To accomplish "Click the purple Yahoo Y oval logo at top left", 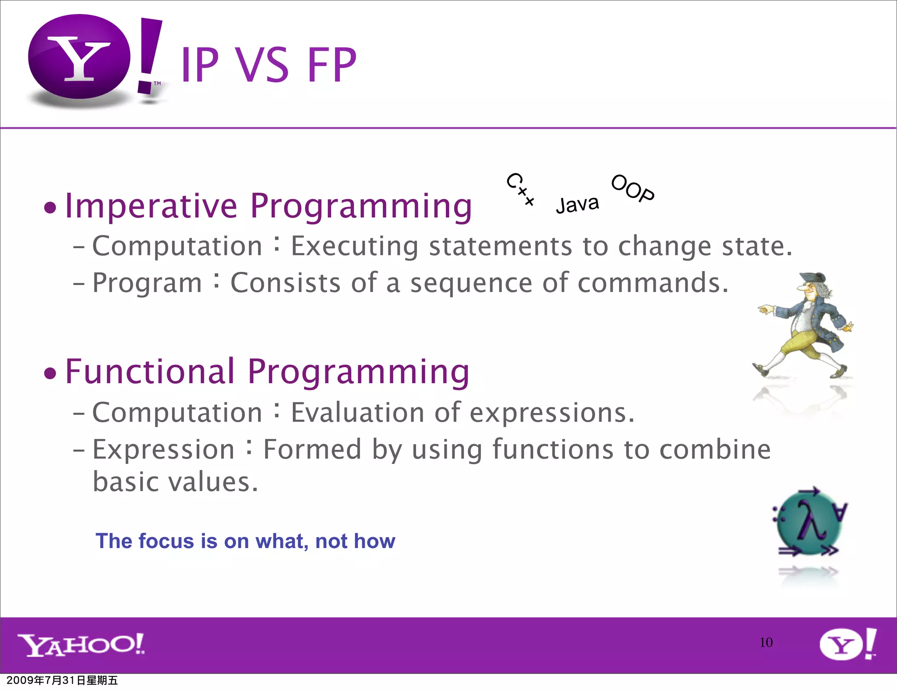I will tap(79, 57).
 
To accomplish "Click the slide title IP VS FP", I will tap(268, 65).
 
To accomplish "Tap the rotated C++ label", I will tap(521, 189).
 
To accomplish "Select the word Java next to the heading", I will tap(577, 204).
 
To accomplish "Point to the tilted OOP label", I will tap(632, 188).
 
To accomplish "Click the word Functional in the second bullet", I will tap(150, 372).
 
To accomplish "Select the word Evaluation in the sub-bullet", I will tap(357, 413).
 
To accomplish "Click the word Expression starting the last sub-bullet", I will tap(163, 449).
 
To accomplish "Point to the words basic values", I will tap(175, 482).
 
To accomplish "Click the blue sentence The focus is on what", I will tap(245, 541).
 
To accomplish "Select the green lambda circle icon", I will tap(809, 523).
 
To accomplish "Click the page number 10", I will tap(766, 642).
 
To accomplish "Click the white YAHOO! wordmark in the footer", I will tap(81, 645).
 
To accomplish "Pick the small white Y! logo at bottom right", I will tap(848, 645).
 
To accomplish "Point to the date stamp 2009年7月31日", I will tap(62, 680).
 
